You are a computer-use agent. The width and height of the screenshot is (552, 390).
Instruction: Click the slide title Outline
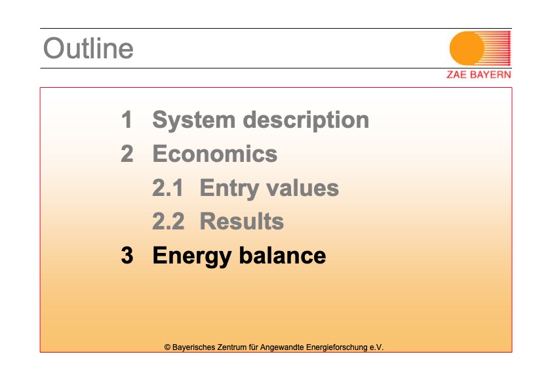(x=89, y=49)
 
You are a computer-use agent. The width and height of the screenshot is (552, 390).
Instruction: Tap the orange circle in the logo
(x=467, y=49)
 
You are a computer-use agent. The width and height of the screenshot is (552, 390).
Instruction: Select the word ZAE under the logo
(x=456, y=75)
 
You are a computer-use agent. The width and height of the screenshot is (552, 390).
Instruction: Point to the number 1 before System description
(x=127, y=120)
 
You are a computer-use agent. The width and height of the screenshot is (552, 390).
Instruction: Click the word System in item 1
(x=194, y=121)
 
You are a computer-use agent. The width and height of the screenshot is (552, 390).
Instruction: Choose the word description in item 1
(x=306, y=121)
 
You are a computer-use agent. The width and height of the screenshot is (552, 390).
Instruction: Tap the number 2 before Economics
(x=127, y=153)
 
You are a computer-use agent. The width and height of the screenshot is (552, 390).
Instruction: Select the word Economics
(x=215, y=154)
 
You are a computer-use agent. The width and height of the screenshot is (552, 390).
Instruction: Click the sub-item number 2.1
(x=168, y=187)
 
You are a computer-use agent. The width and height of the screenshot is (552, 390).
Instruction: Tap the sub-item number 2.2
(x=168, y=222)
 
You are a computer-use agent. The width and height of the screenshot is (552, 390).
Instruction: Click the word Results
(x=242, y=222)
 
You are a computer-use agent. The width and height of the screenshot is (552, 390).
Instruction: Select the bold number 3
(x=127, y=255)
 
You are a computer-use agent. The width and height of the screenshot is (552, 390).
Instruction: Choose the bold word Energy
(x=192, y=256)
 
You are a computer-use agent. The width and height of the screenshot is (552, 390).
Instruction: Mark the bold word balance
(x=283, y=255)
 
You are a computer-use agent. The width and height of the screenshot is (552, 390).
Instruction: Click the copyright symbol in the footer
(x=167, y=347)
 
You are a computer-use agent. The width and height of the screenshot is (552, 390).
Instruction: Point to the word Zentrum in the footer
(x=232, y=347)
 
